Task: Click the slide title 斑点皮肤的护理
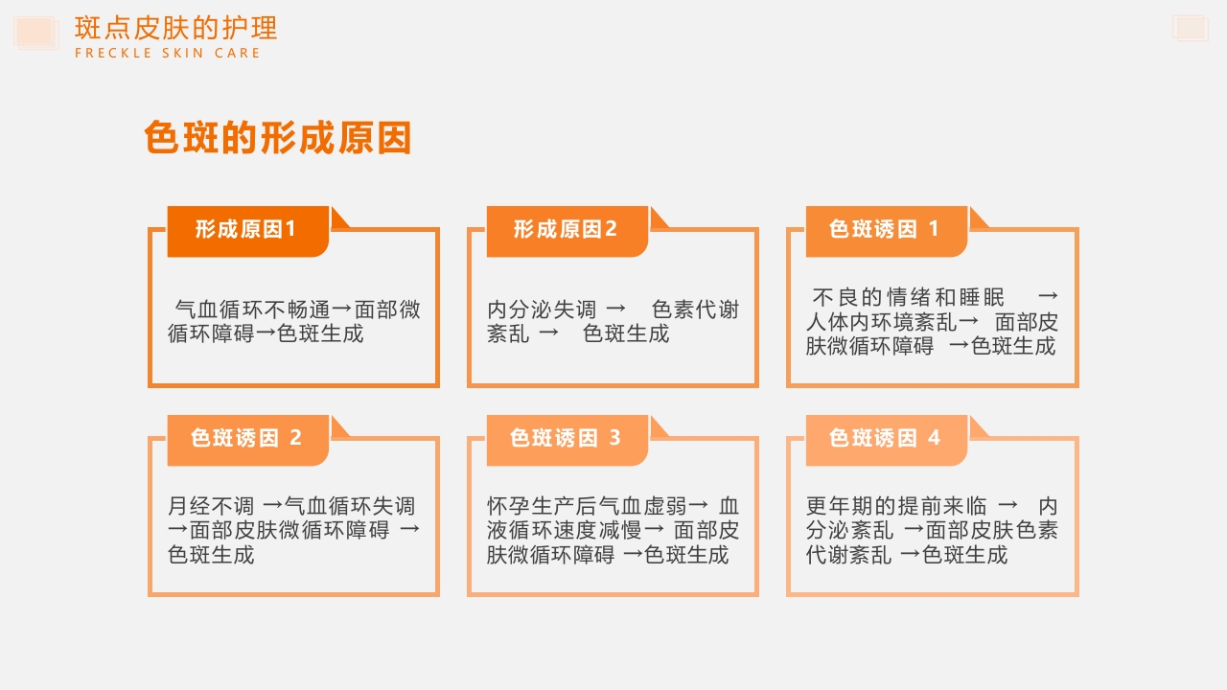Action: click(x=175, y=28)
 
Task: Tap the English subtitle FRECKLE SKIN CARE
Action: click(x=167, y=54)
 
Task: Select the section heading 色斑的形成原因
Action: click(x=277, y=138)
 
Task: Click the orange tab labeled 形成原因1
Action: click(x=246, y=230)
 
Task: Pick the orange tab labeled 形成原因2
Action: click(x=566, y=230)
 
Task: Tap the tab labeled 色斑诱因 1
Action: click(x=885, y=230)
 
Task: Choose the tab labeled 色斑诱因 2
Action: click(x=246, y=439)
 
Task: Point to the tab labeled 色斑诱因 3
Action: click(x=566, y=439)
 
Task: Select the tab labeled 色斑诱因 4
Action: click(x=885, y=439)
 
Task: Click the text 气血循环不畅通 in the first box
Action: click(x=253, y=310)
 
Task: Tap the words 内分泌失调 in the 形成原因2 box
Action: click(x=542, y=310)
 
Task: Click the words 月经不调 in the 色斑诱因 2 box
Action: click(x=211, y=506)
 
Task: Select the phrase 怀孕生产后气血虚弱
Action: click(x=587, y=506)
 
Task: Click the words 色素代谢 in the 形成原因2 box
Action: click(x=695, y=310)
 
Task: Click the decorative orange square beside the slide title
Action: click(x=35, y=32)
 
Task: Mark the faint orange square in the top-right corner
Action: click(x=1190, y=28)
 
